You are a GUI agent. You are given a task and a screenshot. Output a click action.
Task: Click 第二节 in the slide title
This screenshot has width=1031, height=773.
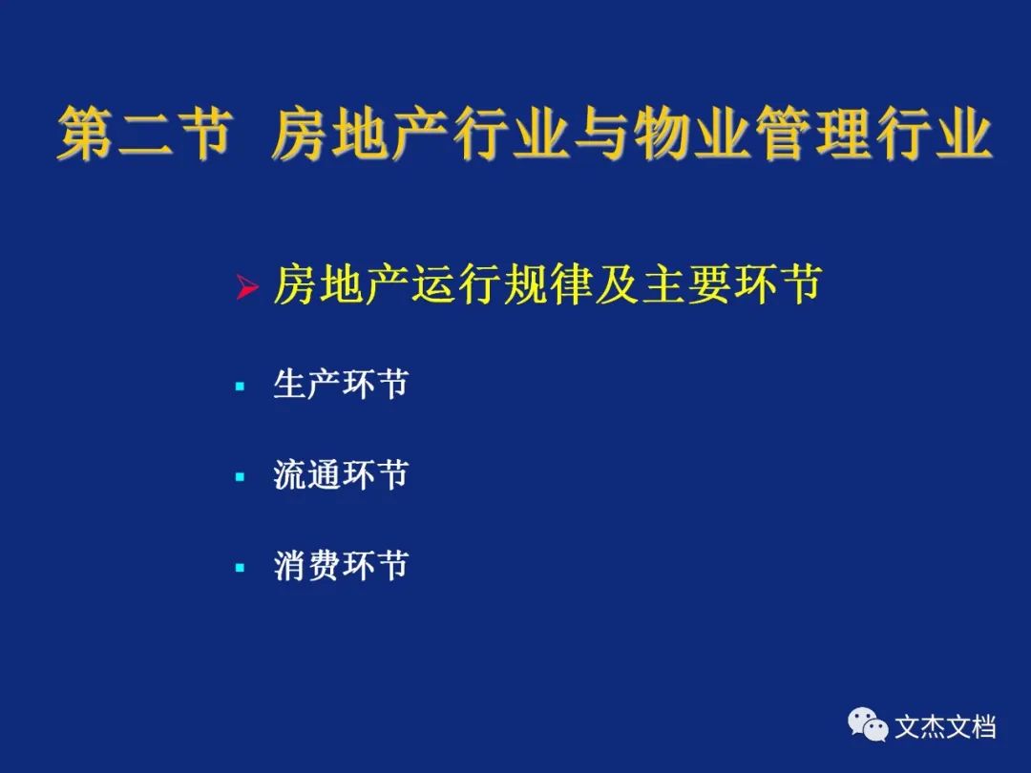[x=145, y=135]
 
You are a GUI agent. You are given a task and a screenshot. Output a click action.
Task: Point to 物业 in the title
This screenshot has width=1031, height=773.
[x=689, y=135]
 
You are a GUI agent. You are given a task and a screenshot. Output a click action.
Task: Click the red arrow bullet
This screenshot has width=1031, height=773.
[x=246, y=287]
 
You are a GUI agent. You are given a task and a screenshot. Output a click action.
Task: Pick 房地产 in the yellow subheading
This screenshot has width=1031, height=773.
[x=341, y=284]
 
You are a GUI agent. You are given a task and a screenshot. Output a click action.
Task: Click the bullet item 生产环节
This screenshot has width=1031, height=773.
[x=341, y=384]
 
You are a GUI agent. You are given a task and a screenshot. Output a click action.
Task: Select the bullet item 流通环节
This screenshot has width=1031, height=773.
[x=341, y=474]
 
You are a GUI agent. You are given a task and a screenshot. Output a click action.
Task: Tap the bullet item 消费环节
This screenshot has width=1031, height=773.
[x=341, y=565]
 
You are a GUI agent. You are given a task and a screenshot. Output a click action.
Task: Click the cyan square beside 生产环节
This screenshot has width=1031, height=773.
[x=240, y=386]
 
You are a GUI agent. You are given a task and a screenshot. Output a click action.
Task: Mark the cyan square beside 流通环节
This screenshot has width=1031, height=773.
[x=240, y=476]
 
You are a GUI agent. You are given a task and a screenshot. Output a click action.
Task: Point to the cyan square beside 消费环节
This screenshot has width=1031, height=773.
[x=240, y=567]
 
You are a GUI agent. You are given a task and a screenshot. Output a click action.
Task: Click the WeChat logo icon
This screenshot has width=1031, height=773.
[x=867, y=724]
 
